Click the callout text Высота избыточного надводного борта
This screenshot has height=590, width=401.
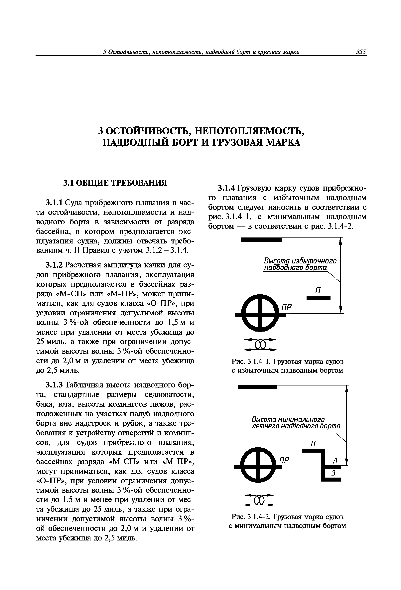pyautogui.click(x=300, y=264)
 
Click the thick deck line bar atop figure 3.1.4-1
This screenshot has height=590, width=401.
pyautogui.click(x=261, y=240)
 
